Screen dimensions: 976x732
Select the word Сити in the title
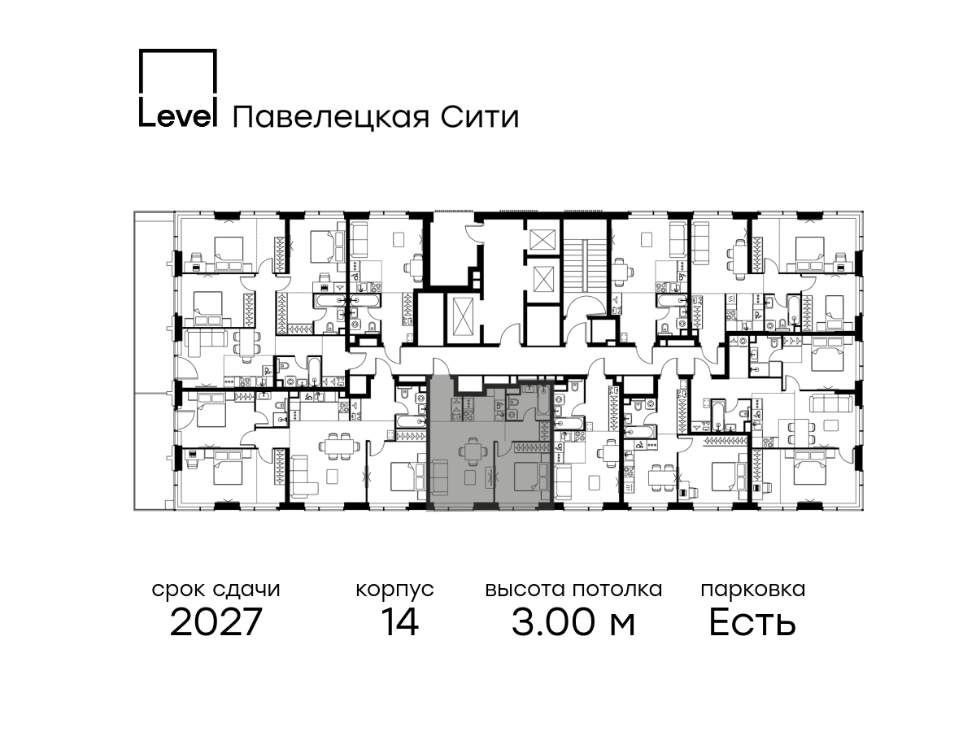[x=480, y=117]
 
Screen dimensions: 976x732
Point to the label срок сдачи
[x=216, y=590]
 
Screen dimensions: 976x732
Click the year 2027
[x=216, y=622]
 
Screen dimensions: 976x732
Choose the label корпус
[x=394, y=590]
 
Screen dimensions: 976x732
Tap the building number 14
[x=400, y=622]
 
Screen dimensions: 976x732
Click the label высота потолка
[x=573, y=590]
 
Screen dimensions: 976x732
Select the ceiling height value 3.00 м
[x=573, y=622]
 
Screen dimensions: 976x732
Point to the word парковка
[x=753, y=590]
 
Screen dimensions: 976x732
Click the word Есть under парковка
[x=752, y=622]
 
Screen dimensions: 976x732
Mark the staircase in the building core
[x=585, y=266]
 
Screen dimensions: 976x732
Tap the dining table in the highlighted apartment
[x=471, y=451]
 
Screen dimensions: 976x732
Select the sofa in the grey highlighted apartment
[x=440, y=477]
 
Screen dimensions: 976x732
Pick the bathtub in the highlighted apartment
[x=543, y=401]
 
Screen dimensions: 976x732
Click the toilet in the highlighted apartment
[x=512, y=403]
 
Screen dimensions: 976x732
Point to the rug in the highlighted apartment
[x=470, y=478]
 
